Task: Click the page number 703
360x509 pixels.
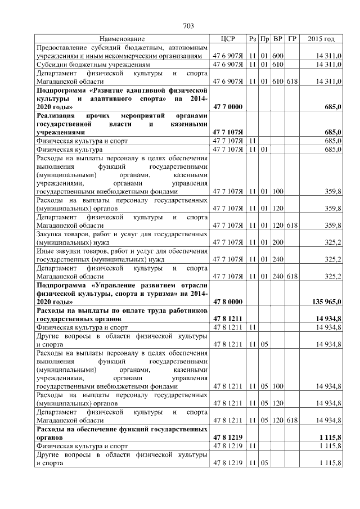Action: (188, 25)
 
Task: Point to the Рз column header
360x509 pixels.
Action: (253, 39)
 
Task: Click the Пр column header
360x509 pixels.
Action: (265, 39)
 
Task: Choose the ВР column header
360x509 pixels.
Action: (278, 39)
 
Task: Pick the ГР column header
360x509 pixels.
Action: (291, 39)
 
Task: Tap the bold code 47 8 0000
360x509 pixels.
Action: (227, 302)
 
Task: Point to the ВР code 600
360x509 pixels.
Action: (278, 56)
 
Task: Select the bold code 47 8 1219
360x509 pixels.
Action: (227, 437)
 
